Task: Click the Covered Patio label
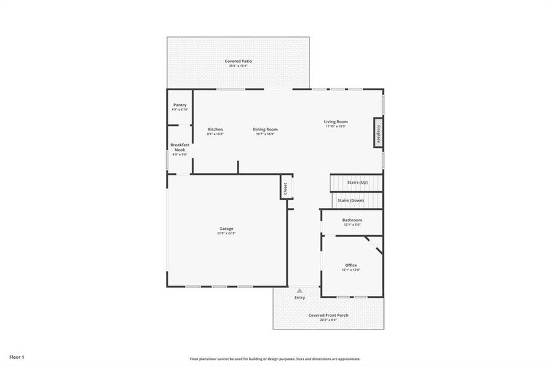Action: pos(238,61)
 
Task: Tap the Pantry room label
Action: pos(179,105)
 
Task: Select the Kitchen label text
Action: pos(215,129)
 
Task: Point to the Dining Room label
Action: pos(266,129)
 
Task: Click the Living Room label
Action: pos(336,122)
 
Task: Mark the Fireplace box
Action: pos(378,134)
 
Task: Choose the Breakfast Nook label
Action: pos(179,147)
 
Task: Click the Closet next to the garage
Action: pos(284,188)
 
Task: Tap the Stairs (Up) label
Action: pos(357,182)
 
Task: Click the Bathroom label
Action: pos(352,220)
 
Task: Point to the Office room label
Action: pos(351,265)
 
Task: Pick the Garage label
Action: pos(226,229)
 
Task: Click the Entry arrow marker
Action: pos(299,290)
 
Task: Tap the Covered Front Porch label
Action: pos(328,315)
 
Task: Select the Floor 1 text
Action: pos(16,356)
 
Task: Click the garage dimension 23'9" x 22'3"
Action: pos(226,234)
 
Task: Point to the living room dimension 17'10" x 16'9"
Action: pos(336,127)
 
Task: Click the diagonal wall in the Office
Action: pos(374,245)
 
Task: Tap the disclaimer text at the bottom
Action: pos(275,359)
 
